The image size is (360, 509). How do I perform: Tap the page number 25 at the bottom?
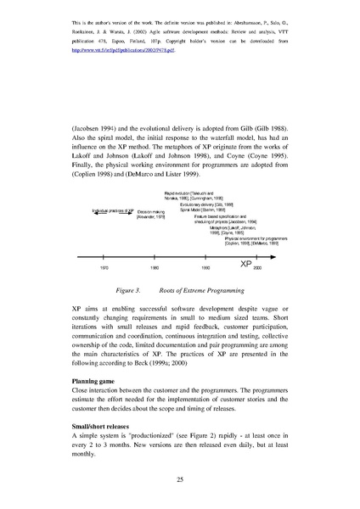pos(180,480)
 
